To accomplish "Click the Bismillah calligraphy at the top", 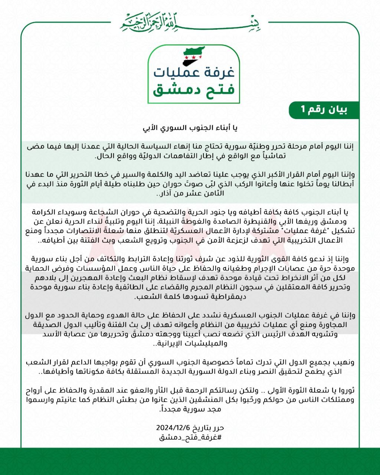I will pos(190,22).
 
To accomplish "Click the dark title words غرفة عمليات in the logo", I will pos(193,72).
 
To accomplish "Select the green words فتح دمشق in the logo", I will pos(193,89).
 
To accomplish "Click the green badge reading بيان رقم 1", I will pos(324,110).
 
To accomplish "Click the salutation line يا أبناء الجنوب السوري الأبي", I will pos(190,129).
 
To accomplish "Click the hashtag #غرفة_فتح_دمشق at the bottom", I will pos(190,437).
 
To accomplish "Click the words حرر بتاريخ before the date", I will pos(210,428).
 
